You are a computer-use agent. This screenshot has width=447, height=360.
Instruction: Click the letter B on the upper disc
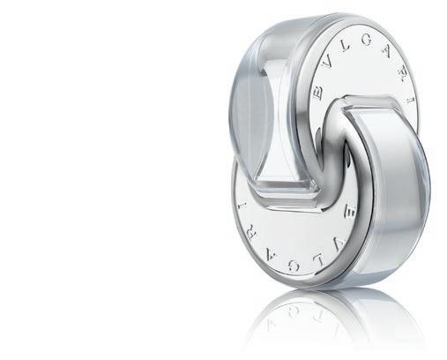pos(318,93)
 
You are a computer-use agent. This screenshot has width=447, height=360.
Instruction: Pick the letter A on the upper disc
pos(388,52)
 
